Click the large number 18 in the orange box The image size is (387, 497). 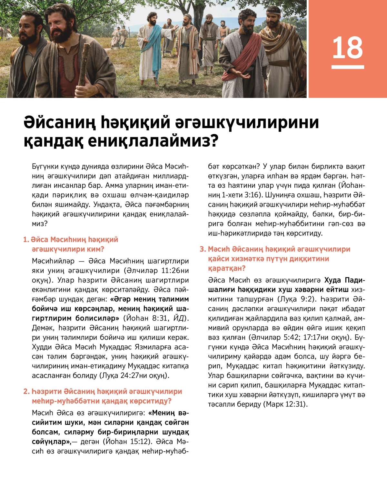(x=347, y=47)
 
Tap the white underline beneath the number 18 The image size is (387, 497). (x=348, y=67)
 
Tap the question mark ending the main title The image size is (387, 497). (x=213, y=141)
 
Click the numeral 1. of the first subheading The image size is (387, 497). (x=26, y=240)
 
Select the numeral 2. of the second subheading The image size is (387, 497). (x=26, y=392)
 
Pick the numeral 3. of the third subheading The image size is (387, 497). (x=203, y=249)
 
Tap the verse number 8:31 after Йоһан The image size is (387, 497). (x=160, y=318)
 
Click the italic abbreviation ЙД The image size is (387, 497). (x=179, y=318)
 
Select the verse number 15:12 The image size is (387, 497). (x=140, y=442)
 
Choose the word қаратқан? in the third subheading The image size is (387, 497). (x=227, y=268)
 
